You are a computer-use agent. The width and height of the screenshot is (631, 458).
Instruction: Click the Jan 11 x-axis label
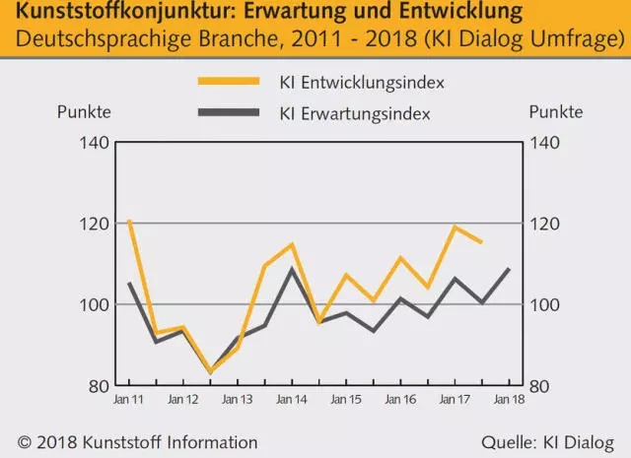click(128, 400)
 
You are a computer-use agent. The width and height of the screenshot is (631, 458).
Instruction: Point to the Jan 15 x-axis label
click(346, 400)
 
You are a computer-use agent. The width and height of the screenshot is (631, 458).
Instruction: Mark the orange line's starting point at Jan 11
click(129, 221)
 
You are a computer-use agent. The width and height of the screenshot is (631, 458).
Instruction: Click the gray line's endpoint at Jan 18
click(509, 269)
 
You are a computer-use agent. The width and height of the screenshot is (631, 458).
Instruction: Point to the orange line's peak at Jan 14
click(292, 244)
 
